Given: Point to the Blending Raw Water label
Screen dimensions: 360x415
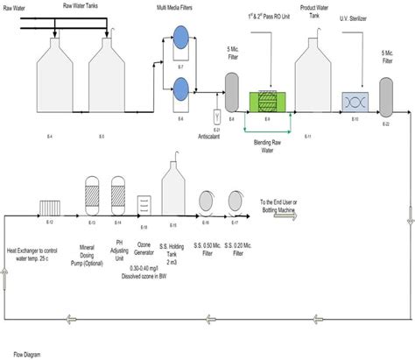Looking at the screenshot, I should (x=269, y=143).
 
